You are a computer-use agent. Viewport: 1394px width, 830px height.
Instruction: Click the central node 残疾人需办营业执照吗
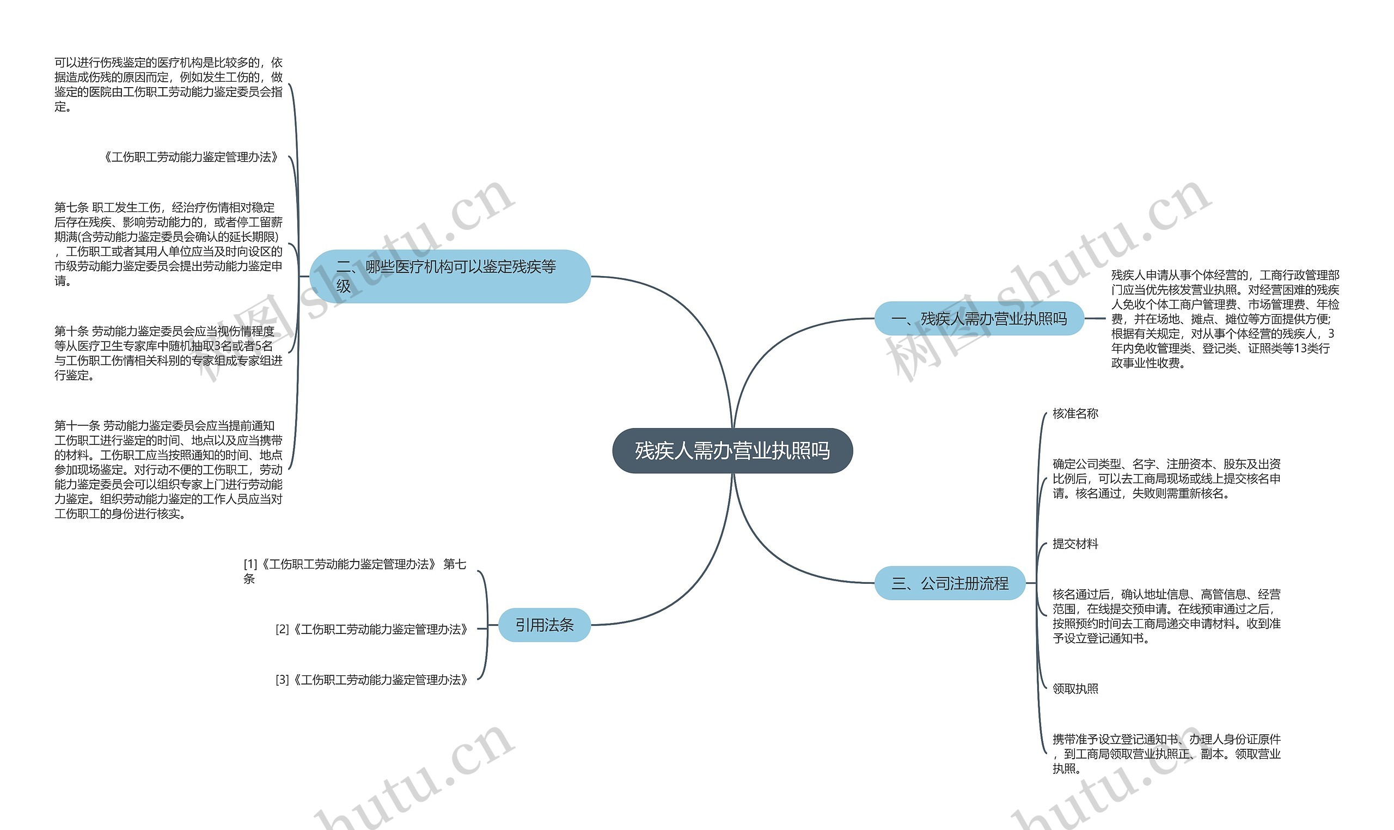point(732,451)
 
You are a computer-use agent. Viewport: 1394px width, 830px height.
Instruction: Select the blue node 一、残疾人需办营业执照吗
point(979,319)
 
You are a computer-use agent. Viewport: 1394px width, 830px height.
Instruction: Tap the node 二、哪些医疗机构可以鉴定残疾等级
point(450,276)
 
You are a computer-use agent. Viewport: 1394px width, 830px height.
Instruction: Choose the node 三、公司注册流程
point(950,583)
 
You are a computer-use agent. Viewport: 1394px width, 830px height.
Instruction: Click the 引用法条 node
point(544,625)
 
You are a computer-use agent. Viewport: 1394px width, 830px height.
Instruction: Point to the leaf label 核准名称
point(1075,413)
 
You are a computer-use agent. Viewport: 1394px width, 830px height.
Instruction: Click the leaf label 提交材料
point(1075,544)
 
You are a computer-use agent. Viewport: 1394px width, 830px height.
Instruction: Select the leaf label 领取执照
point(1075,688)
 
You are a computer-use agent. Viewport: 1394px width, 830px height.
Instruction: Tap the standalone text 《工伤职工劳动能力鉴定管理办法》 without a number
point(191,157)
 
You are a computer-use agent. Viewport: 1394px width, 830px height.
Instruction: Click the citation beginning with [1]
point(354,571)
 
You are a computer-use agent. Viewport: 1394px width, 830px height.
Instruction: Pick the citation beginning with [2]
point(372,629)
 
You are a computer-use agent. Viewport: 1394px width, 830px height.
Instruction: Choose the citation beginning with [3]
point(372,680)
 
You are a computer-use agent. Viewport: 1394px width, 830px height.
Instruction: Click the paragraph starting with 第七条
point(168,244)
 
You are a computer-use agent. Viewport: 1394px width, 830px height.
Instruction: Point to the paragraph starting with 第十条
point(168,353)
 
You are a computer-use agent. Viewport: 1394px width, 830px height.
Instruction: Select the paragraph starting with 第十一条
point(168,470)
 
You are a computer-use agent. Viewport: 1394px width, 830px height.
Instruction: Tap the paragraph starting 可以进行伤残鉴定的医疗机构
point(168,84)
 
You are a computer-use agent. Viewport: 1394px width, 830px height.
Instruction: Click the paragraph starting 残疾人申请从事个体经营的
point(1225,319)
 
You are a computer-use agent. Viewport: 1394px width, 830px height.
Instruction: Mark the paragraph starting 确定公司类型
point(1166,479)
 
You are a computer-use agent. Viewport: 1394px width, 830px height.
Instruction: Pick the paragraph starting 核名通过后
point(1166,616)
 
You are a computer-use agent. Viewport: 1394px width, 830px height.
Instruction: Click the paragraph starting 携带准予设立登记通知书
point(1166,754)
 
